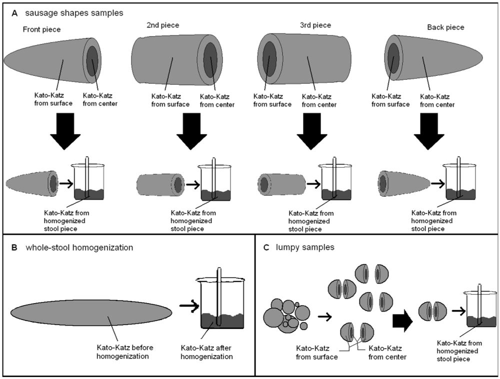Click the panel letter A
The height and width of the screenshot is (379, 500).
click(x=15, y=13)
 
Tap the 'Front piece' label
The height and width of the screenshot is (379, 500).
click(x=41, y=30)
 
